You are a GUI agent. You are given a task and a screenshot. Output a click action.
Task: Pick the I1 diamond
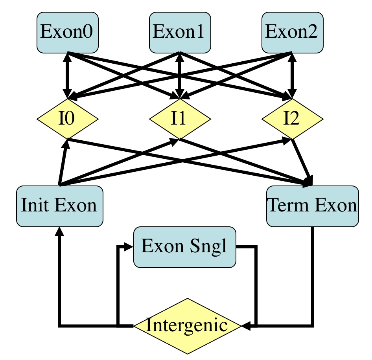180,119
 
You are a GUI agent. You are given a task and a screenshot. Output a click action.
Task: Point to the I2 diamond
292,119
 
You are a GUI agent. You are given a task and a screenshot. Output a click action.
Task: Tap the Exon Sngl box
184,246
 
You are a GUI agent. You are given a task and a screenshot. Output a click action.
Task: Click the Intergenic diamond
187,326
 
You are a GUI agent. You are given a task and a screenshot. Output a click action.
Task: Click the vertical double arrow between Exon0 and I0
68,75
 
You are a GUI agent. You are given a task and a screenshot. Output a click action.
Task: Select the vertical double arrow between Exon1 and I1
180,75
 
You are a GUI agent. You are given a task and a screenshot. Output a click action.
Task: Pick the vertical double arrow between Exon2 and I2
292,75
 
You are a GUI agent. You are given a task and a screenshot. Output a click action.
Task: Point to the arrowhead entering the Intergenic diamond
246,326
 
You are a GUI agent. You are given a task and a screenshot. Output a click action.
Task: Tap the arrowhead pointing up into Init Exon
59,232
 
